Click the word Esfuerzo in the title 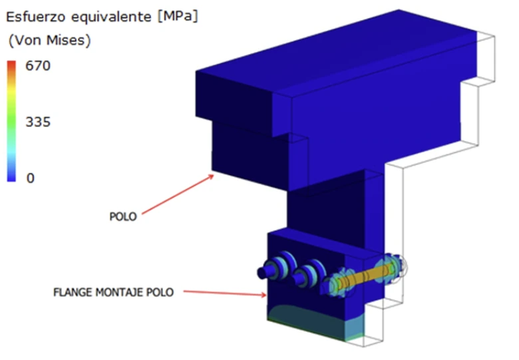[x=35, y=17]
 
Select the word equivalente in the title [x=111, y=17]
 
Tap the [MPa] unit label [x=178, y=16]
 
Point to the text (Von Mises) [x=50, y=41]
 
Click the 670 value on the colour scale [x=38, y=65]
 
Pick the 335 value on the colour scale [x=38, y=122]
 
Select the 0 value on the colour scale [x=31, y=178]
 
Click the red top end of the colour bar [x=11, y=63]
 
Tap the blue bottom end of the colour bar [x=11, y=179]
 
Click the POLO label [x=123, y=217]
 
